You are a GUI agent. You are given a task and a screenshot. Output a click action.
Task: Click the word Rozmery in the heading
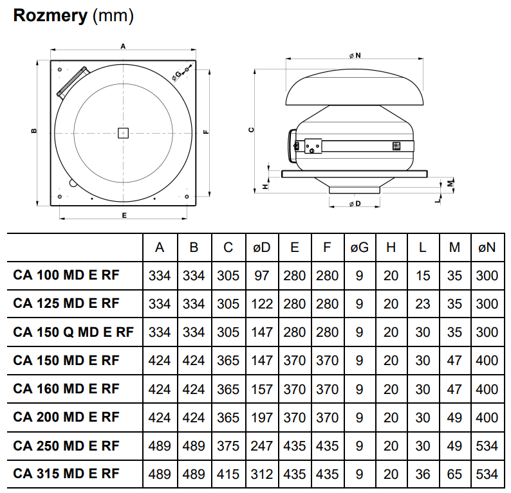[x=50, y=16]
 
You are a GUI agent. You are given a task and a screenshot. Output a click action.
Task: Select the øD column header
[x=262, y=247]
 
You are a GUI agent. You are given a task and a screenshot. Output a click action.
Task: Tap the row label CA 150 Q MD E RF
[x=73, y=332]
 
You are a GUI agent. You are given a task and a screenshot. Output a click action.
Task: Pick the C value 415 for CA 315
[x=228, y=474]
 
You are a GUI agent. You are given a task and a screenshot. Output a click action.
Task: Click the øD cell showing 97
[x=262, y=276]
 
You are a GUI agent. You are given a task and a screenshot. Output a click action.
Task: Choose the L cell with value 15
[x=423, y=276]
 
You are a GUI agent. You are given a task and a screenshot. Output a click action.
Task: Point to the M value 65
[x=454, y=474]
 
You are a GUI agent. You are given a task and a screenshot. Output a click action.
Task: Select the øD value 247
[x=262, y=445]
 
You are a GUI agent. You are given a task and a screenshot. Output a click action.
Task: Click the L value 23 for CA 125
[x=423, y=304]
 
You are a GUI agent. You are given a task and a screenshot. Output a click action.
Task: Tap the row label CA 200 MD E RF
[x=66, y=417]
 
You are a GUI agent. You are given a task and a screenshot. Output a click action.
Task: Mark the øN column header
[x=487, y=247]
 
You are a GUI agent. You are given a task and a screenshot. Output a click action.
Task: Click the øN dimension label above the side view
[x=355, y=56]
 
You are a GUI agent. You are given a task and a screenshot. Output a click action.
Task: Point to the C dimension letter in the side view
[x=252, y=129]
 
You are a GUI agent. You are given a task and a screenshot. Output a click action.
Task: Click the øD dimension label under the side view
[x=355, y=204]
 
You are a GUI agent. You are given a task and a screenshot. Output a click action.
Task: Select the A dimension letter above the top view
[x=123, y=46]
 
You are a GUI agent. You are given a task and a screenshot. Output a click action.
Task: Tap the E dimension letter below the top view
[x=124, y=215]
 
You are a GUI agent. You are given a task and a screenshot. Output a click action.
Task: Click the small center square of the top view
[x=123, y=133]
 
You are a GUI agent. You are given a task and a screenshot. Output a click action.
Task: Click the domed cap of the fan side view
[x=355, y=87]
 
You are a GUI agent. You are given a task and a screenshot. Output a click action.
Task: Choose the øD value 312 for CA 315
[x=262, y=474]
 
